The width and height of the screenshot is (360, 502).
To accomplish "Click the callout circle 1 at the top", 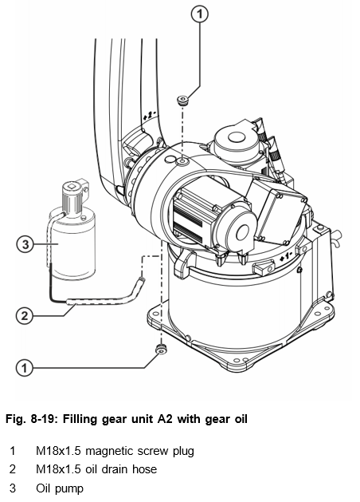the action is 199,14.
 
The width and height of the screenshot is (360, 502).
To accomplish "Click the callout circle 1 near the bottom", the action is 24,368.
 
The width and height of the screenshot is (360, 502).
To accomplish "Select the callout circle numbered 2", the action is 24,316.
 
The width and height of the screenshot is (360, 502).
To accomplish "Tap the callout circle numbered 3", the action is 25,244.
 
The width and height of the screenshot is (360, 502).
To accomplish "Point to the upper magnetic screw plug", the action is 182,100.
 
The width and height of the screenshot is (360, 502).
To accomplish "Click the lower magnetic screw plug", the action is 162,349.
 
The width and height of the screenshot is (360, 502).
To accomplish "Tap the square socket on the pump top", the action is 70,186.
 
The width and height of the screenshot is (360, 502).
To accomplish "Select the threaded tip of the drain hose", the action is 142,279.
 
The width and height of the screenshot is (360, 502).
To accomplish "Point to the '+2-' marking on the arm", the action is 149,114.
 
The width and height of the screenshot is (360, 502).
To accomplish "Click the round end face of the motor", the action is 241,231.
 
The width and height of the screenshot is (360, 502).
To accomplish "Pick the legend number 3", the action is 13,488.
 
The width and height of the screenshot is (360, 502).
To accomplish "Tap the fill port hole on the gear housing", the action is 183,162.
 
